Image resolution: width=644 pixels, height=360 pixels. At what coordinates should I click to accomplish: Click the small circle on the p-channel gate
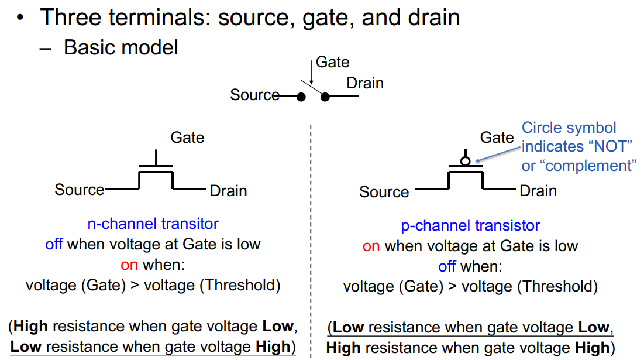[x=466, y=161]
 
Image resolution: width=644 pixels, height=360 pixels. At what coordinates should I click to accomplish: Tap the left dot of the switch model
[x=301, y=97]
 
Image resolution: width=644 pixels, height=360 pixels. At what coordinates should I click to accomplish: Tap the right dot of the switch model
[x=325, y=97]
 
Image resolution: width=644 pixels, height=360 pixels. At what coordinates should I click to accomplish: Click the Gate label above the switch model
[x=333, y=63]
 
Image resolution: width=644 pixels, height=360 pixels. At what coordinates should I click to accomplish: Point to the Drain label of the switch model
[x=365, y=83]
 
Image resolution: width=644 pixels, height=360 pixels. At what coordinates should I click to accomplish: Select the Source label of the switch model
[x=254, y=95]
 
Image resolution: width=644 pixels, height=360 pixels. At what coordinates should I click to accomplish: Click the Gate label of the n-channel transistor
[x=187, y=138]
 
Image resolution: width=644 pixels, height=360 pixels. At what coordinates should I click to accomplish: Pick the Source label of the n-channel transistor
[x=80, y=190]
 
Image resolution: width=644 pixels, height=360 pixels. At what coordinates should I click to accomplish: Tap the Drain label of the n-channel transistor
[x=228, y=191]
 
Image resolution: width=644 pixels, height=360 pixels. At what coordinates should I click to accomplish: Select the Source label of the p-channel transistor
[x=384, y=192]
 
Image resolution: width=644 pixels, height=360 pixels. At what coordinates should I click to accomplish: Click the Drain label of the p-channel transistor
[x=538, y=191]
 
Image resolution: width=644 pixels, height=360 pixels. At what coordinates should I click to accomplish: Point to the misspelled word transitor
[x=190, y=224]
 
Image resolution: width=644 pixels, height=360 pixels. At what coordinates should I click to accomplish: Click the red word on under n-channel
[x=129, y=265]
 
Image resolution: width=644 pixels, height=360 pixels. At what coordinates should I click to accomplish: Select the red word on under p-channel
[x=371, y=246]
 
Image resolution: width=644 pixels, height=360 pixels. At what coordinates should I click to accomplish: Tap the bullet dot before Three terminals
[x=20, y=18]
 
